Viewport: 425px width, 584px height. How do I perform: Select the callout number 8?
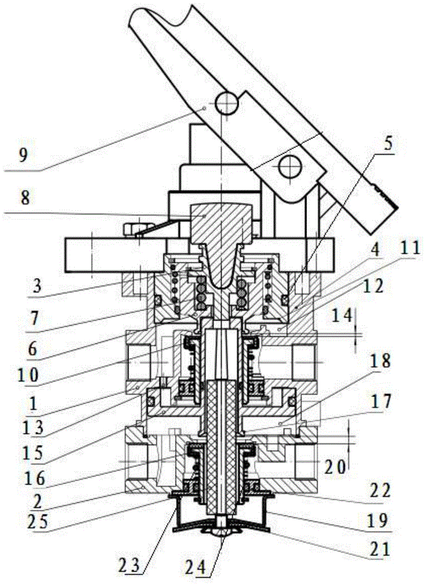(25, 199)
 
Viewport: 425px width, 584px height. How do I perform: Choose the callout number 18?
(379, 361)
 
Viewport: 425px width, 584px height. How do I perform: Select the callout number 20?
(335, 465)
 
